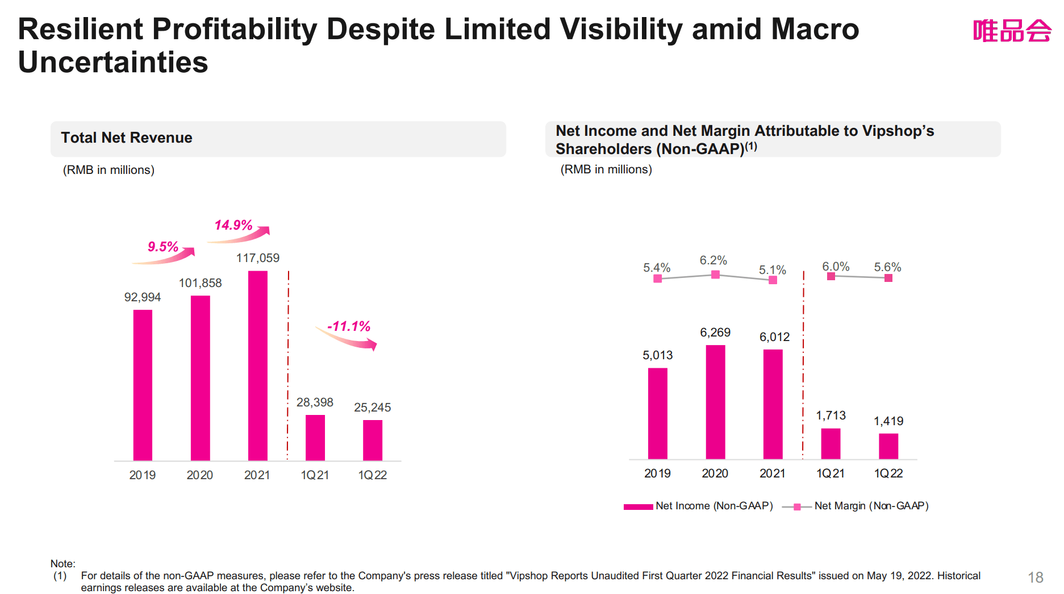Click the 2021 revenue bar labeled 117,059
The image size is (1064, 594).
point(257,365)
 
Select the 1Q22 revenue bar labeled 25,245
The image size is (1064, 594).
point(372,439)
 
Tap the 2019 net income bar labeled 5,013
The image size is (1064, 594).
point(657,413)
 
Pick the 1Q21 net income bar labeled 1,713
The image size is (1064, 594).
point(830,443)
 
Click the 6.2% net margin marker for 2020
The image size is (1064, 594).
point(715,275)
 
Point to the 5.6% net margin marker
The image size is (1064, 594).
point(888,278)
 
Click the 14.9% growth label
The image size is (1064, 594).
point(233,225)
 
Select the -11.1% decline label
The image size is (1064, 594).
point(348,326)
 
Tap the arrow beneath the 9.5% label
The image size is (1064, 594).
point(165,257)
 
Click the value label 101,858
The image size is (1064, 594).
point(200,283)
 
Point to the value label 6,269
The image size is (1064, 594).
point(715,333)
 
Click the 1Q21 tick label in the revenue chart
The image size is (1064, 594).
point(315,475)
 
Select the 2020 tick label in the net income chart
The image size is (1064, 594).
point(715,473)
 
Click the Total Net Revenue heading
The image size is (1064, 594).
point(127,138)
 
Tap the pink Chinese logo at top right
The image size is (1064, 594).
point(1011,31)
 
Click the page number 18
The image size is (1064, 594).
point(1035,578)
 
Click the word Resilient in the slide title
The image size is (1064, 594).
point(80,30)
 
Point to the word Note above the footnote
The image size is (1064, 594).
point(62,563)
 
